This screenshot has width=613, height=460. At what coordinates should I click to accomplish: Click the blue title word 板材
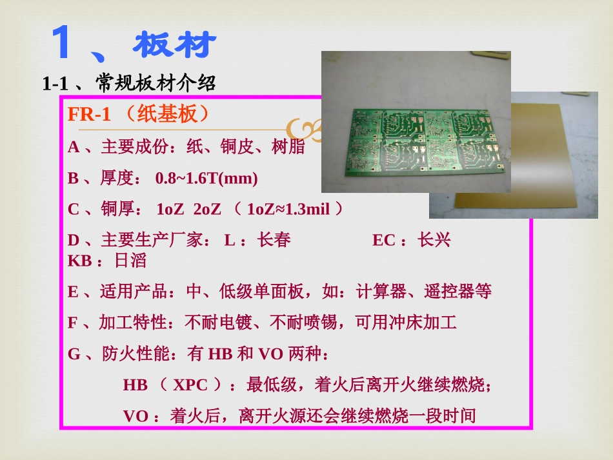(175, 45)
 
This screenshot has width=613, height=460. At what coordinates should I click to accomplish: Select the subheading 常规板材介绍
(156, 83)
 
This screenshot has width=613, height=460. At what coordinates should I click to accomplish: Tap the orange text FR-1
(90, 115)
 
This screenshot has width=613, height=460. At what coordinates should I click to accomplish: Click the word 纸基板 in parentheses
(168, 115)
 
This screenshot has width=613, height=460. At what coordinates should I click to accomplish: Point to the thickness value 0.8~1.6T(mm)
(206, 178)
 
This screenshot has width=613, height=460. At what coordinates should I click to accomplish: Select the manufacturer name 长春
(274, 241)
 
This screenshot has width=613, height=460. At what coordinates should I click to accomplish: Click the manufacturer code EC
(383, 241)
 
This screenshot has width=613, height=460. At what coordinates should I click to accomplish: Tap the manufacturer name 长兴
(434, 241)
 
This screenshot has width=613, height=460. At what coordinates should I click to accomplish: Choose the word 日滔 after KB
(130, 261)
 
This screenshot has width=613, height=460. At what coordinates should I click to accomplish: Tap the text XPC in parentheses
(191, 385)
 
